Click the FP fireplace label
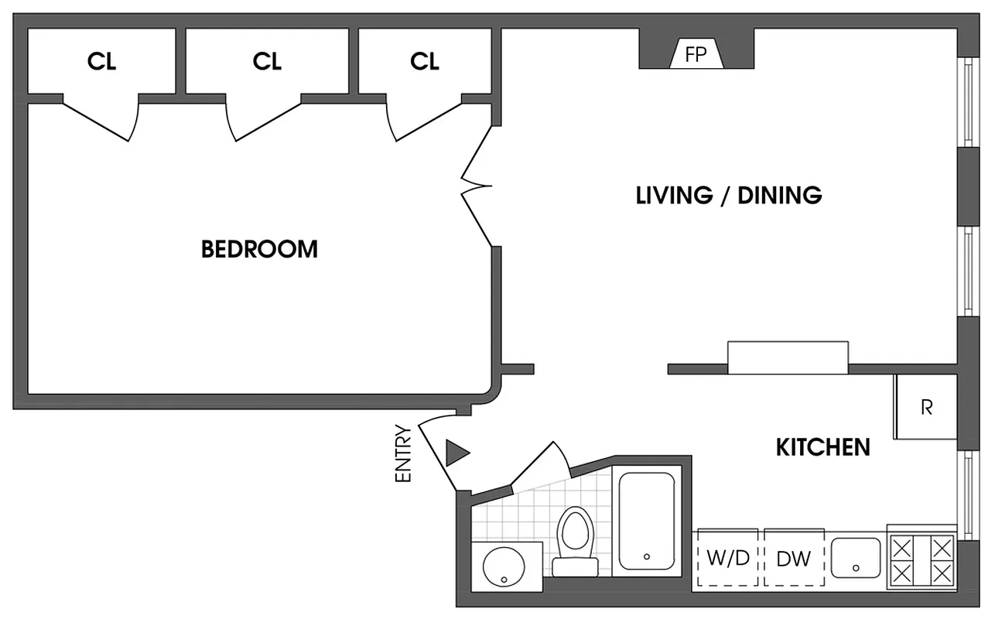click(696, 55)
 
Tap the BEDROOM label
click(259, 249)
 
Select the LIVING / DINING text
click(728, 195)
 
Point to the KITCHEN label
click(822, 447)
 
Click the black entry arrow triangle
click(456, 453)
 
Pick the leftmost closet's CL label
click(101, 62)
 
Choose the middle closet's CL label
click(267, 62)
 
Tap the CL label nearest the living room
click(424, 62)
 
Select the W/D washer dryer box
click(728, 559)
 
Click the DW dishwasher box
click(794, 559)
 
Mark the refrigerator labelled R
click(926, 407)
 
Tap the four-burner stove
click(921, 561)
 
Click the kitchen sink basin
click(856, 558)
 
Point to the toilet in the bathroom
click(574, 538)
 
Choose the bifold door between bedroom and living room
click(476, 186)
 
